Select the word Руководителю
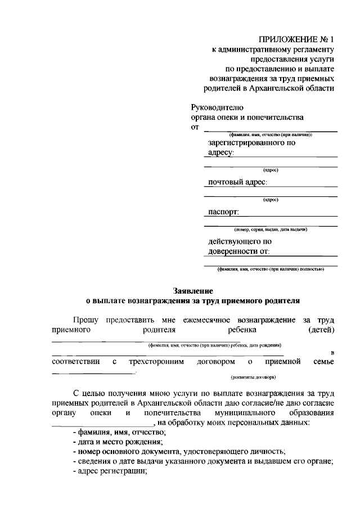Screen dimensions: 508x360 (x=218, y=107)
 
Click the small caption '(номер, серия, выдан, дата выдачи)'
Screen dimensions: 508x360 (x=271, y=229)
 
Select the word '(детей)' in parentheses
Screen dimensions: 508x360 (x=322, y=329)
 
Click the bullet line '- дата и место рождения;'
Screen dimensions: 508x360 (x=116, y=442)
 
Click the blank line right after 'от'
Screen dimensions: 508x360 (x=270, y=129)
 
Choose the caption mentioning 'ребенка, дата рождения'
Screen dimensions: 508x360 (x=214, y=345)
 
